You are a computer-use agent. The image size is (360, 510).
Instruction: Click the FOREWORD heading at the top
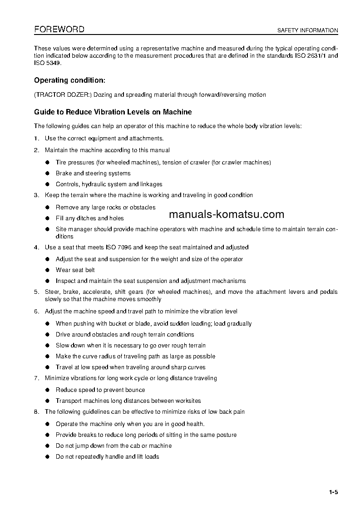click(59, 30)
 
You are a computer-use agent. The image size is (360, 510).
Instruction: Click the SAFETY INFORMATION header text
click(308, 30)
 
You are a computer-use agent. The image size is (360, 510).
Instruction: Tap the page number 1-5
click(334, 492)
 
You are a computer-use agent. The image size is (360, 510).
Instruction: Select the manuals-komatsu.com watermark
click(226, 214)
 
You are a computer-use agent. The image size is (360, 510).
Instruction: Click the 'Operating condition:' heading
click(69, 80)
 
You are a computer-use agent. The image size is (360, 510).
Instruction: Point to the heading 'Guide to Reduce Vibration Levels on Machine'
click(113, 112)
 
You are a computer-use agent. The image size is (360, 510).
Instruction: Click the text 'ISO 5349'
click(47, 63)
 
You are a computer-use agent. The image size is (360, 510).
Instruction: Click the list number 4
click(36, 248)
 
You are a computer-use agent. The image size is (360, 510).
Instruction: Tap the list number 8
click(36, 412)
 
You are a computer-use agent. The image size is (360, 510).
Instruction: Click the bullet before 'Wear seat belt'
click(47, 270)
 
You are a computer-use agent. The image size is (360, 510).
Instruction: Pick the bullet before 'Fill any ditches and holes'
click(47, 218)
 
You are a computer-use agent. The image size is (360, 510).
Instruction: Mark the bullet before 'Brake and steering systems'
click(47, 173)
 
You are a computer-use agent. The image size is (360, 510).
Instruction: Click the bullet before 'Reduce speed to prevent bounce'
click(47, 390)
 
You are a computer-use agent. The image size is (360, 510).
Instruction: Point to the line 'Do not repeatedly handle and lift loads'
click(107, 456)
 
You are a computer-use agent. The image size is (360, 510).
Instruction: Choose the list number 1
click(36, 138)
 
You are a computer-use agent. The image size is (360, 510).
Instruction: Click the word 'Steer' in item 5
click(52, 292)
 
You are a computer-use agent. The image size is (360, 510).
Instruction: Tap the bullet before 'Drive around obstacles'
click(47, 335)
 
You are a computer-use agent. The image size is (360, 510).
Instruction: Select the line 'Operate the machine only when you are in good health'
click(130, 424)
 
